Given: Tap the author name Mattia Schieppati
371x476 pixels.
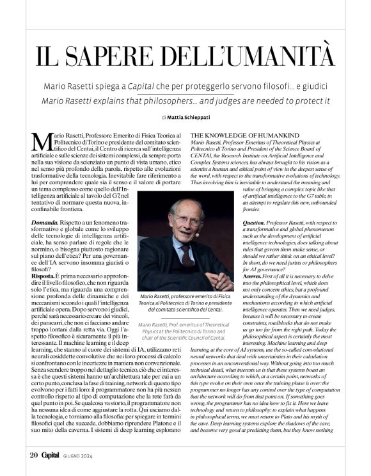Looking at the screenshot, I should click(191, 117).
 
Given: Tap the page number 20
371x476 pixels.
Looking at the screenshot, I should click(33, 455).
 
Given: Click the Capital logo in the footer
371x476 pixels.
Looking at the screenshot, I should click(55, 455).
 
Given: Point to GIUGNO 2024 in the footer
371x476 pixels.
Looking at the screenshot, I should click(93, 456).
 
